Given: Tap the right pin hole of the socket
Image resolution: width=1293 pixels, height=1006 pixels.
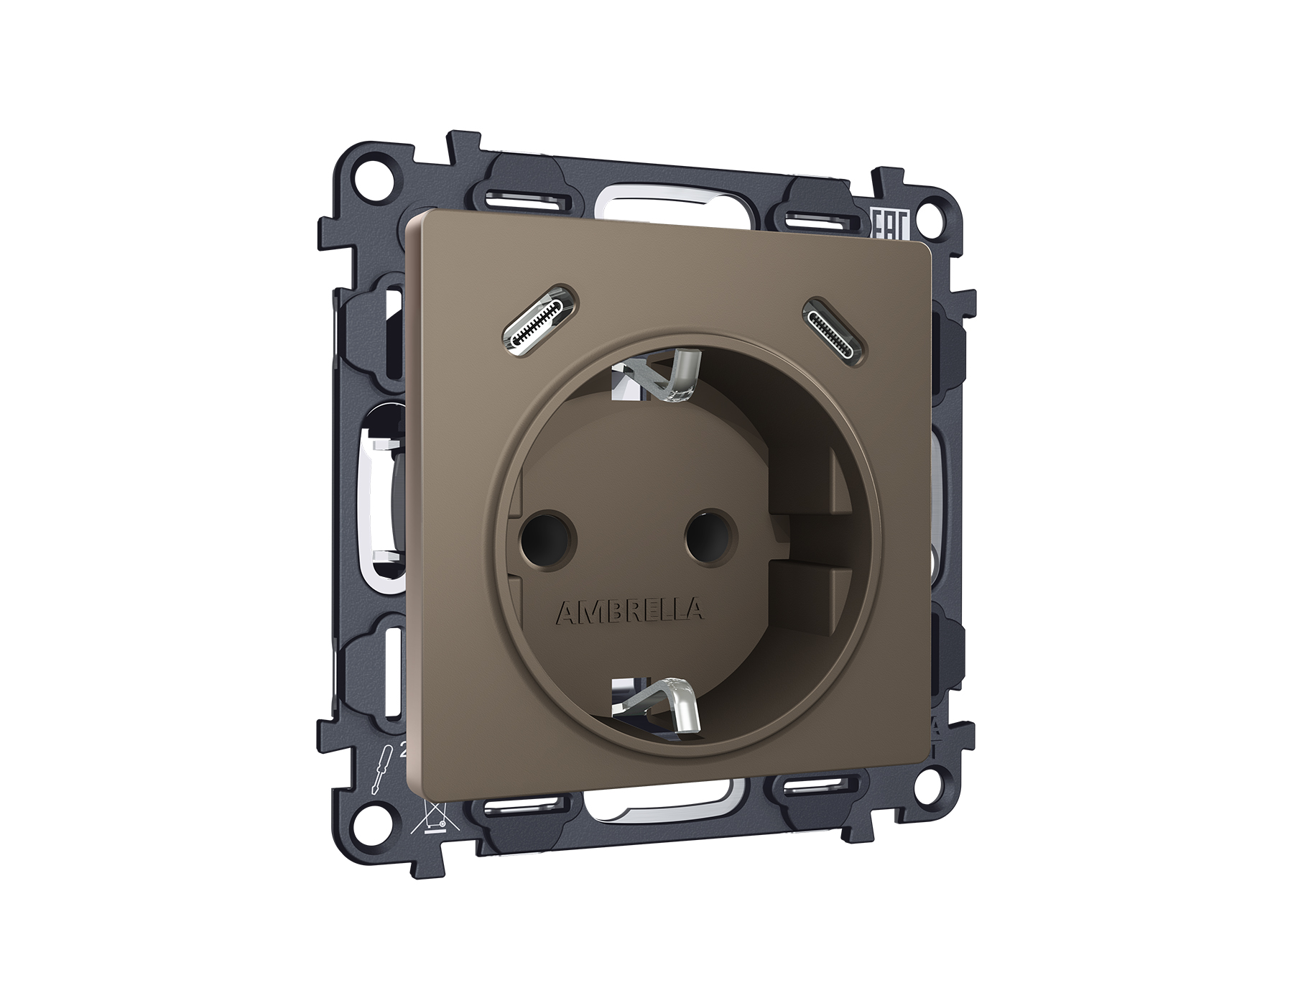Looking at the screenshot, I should click(x=710, y=535).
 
